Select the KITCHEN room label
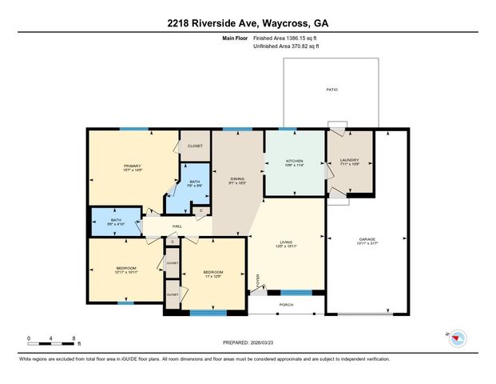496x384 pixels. coord(295,162)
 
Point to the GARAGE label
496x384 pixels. coord(367,242)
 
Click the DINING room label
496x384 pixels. coord(237,180)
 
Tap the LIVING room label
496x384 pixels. coord(286,243)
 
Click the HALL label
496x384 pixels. coord(177,226)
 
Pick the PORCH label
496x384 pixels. coord(286,304)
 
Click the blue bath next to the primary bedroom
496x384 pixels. coord(194,183)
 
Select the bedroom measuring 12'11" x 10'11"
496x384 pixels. coord(126,270)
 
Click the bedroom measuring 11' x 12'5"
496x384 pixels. coord(212,274)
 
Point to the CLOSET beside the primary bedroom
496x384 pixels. coord(195,146)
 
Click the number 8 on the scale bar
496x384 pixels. coord(74,339)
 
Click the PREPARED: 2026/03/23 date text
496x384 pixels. coord(248,342)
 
